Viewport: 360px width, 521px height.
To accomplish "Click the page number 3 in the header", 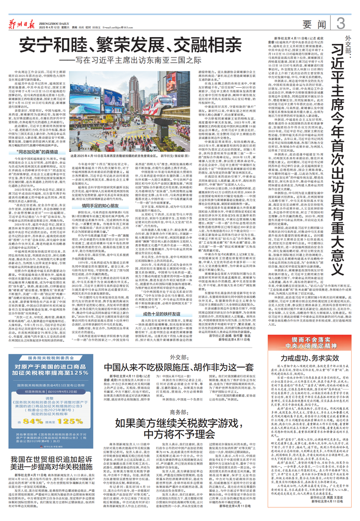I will tap(340, 22).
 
